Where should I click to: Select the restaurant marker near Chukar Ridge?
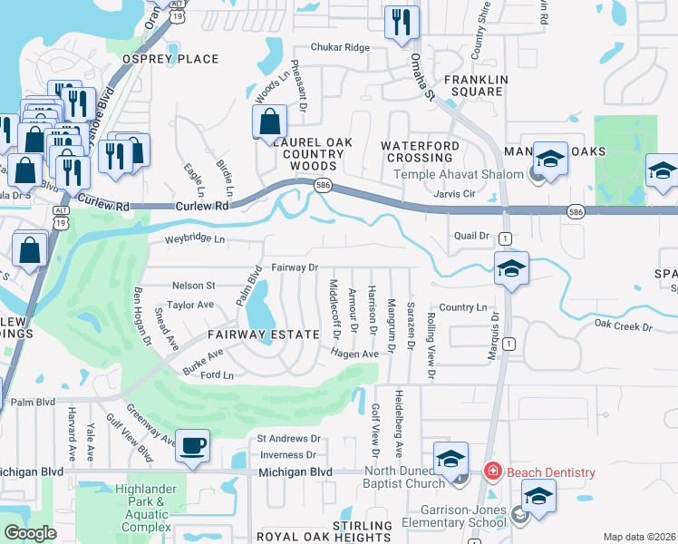tap(401, 24)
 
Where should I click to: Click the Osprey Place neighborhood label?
tap(171, 59)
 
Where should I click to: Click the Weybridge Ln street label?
tap(194, 239)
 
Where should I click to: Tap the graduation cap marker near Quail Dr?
tap(511, 269)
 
